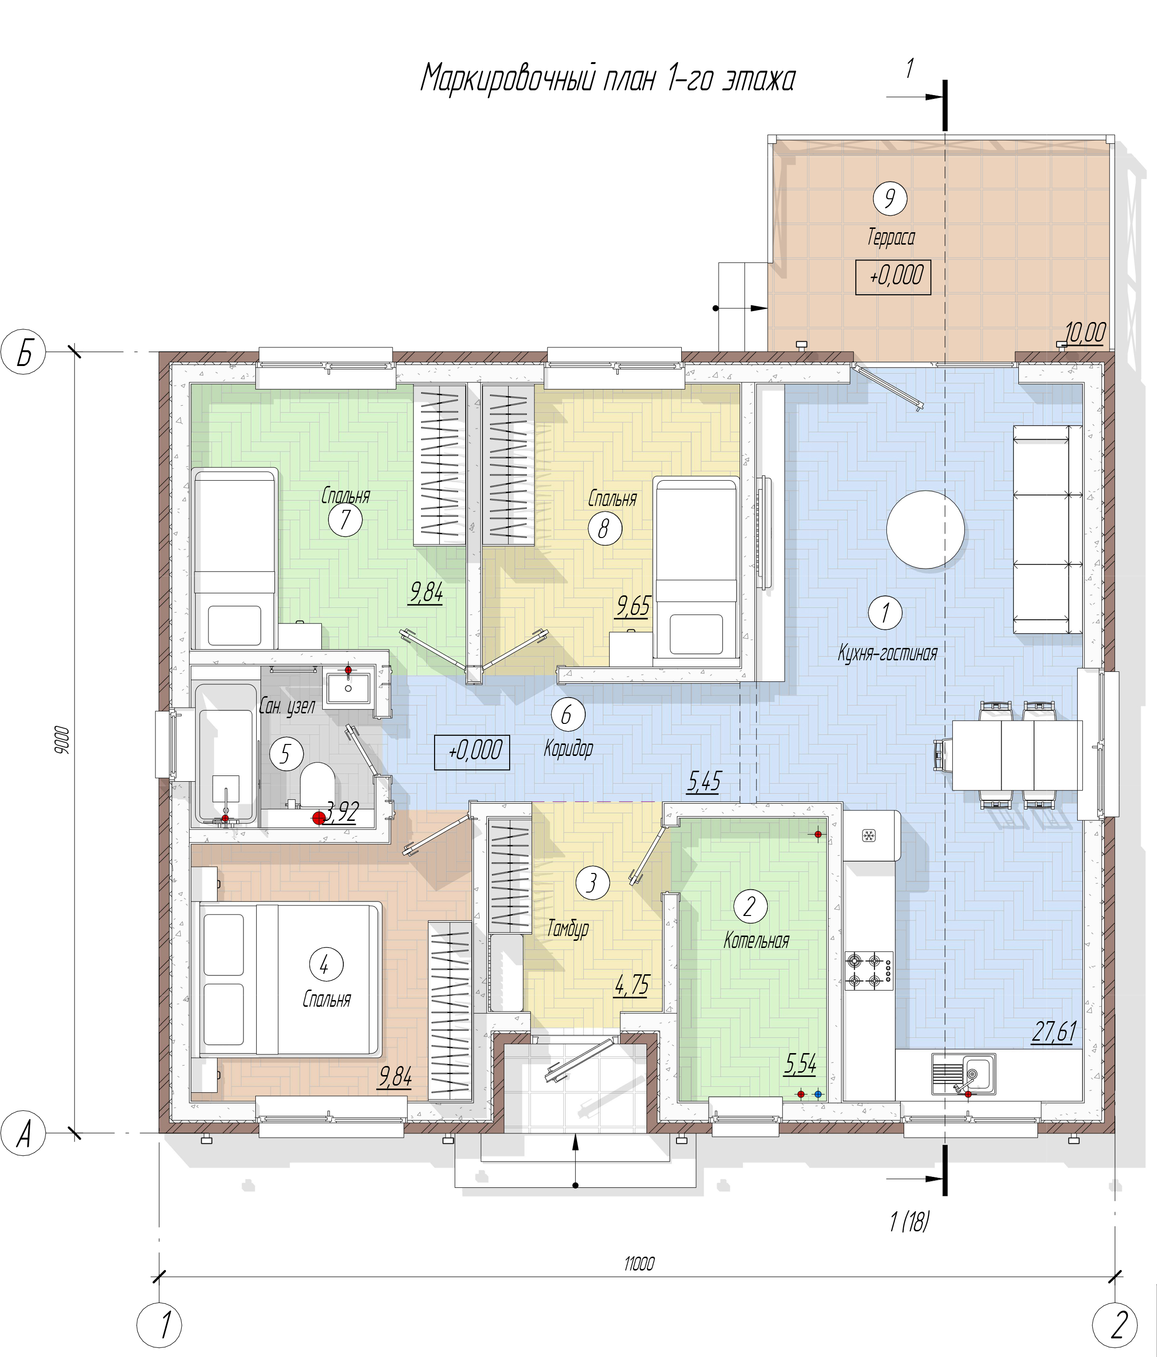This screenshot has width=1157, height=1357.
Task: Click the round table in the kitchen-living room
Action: click(x=925, y=529)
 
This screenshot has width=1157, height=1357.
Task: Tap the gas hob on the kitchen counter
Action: click(x=869, y=970)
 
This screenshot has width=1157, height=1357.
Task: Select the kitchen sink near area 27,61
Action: click(x=964, y=1074)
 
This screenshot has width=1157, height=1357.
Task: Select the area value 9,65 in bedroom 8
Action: click(x=633, y=606)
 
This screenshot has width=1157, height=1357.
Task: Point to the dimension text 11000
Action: click(x=639, y=1263)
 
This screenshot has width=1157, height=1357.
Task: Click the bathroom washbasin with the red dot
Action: click(x=348, y=685)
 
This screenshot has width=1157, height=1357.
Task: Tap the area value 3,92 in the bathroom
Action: click(x=342, y=813)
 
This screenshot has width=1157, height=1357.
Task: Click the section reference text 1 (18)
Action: click(x=909, y=1221)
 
